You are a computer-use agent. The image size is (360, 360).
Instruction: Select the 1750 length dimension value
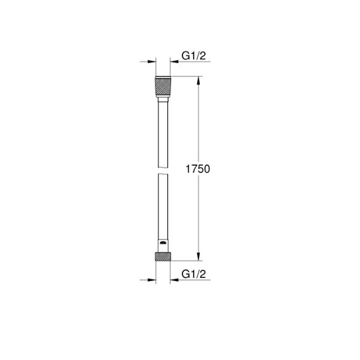tap(198, 170)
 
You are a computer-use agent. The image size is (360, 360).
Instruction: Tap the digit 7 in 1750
tap(193, 170)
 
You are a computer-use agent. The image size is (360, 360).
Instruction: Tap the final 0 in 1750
tap(207, 170)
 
